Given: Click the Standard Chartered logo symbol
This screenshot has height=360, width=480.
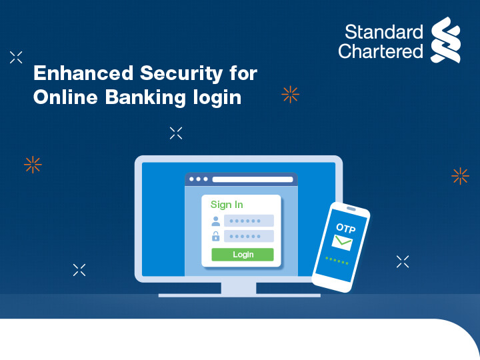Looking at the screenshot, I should (445, 40).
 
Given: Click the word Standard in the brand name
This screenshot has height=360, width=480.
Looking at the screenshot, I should (383, 32).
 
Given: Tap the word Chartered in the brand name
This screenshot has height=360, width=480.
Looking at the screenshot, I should (380, 51).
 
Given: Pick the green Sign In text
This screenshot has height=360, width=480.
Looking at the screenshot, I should (227, 205).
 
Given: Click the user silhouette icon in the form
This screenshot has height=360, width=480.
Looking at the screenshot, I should (215, 221).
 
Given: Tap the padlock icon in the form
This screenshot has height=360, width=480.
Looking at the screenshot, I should (215, 236).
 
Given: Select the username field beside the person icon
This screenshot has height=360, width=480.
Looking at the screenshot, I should (249, 221).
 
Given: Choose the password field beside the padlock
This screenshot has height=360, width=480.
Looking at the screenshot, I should (249, 236).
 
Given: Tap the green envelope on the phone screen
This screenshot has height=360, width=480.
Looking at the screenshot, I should (343, 243).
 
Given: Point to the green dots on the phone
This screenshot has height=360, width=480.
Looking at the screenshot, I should (337, 259).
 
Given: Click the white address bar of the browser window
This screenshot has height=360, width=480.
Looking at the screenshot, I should (253, 179).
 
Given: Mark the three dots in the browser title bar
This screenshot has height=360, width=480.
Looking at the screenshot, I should (199, 179).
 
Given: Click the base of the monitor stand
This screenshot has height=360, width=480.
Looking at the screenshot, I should (239, 294).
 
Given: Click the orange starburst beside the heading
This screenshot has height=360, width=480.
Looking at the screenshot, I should (290, 95).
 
